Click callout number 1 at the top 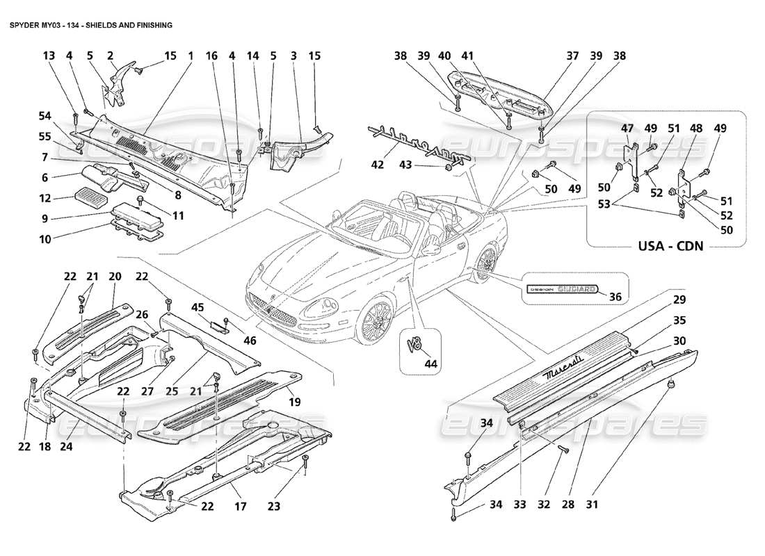pos(189,55)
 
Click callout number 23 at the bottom pos(274,507)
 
